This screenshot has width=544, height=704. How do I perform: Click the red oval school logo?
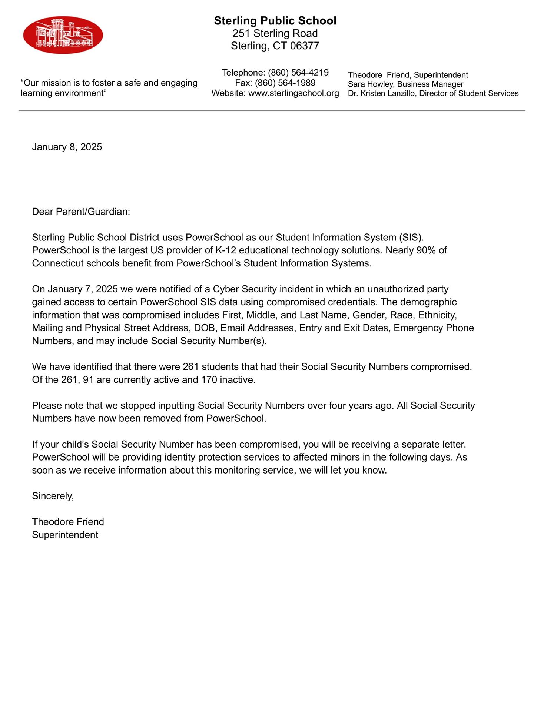tap(63, 35)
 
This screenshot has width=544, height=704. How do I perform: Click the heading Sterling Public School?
tap(275, 21)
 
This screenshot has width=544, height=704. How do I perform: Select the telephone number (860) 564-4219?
tap(298, 73)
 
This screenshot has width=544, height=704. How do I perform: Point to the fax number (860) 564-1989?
tap(285, 83)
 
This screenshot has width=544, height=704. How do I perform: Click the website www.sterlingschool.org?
tap(293, 93)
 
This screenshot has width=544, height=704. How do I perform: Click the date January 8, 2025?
tap(67, 147)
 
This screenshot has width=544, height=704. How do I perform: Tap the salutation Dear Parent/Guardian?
tap(81, 212)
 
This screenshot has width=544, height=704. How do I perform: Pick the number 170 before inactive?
tap(209, 380)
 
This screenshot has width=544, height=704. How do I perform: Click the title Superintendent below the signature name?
tap(65, 535)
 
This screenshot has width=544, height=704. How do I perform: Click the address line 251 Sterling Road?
tap(275, 34)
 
